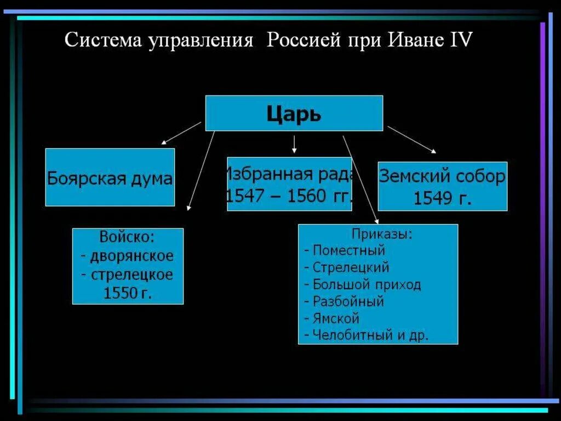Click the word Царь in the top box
(294, 114)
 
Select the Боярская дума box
(110, 177)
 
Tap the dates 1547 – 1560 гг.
(289, 196)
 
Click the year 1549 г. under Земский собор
(442, 198)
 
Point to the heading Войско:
(127, 238)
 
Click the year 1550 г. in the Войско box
(128, 293)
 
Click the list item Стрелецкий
(351, 267)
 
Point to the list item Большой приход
(367, 284)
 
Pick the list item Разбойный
(348, 301)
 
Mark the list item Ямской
(336, 318)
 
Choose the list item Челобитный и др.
(370, 335)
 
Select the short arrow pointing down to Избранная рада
(294, 144)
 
